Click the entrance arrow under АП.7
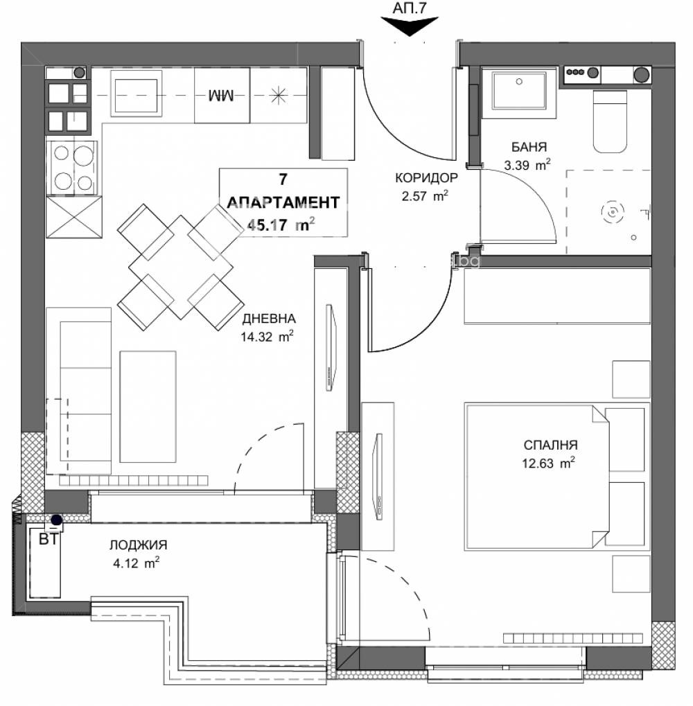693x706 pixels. click(x=410, y=27)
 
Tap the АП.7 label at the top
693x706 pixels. click(x=410, y=8)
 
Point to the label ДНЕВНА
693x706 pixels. click(x=269, y=319)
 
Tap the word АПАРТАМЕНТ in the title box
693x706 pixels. click(x=283, y=202)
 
